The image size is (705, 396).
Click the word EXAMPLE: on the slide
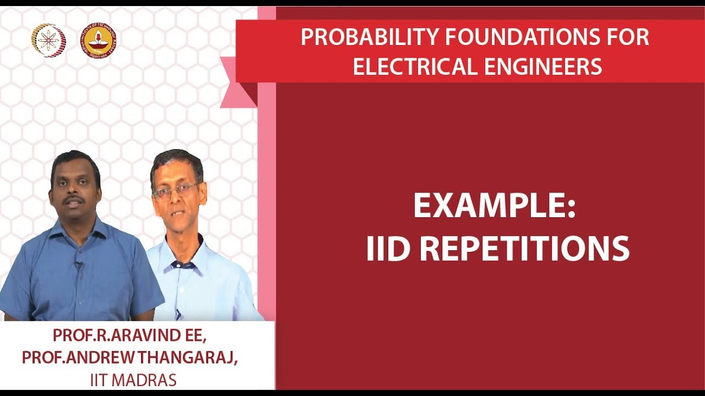(494, 206)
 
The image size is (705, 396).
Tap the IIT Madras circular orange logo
(99, 40)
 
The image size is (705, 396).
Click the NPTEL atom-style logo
(48, 40)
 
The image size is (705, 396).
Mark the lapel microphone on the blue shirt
(78, 266)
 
